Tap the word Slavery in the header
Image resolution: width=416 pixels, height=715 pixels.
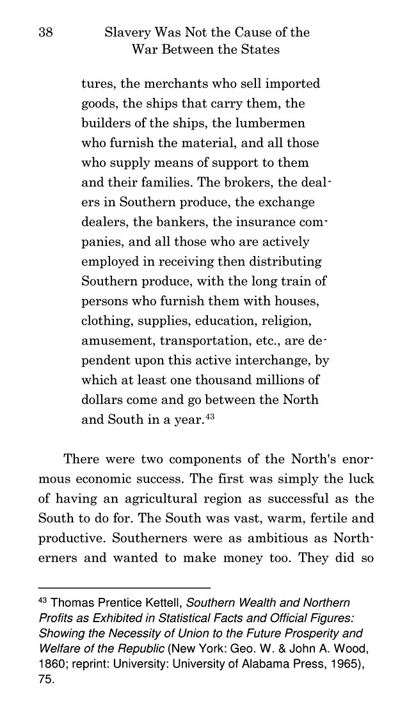click(x=128, y=32)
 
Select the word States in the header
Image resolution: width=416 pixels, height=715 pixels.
click(x=259, y=49)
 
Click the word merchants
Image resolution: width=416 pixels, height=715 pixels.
click(x=168, y=84)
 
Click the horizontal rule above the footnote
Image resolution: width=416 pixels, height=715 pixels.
click(x=125, y=588)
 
